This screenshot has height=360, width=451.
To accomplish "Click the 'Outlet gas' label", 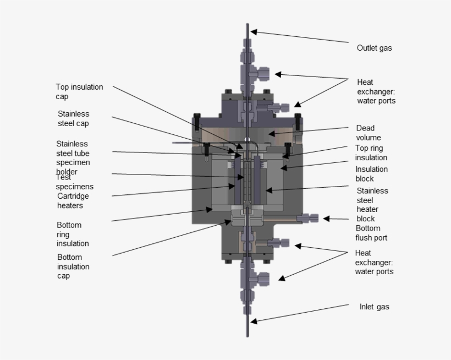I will pyautogui.click(x=374, y=48).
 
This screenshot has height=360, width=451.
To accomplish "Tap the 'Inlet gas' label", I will pyautogui.click(x=374, y=307).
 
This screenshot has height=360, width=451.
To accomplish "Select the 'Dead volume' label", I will pyautogui.click(x=369, y=133).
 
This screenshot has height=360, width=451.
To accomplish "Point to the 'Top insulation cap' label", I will pyautogui.click(x=79, y=91).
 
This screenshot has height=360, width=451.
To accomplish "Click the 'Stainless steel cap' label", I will pyautogui.click(x=74, y=118).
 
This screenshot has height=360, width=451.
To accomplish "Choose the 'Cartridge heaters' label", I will pyautogui.click(x=73, y=200).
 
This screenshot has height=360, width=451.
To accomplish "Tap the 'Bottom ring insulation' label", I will pyautogui.click(x=73, y=234).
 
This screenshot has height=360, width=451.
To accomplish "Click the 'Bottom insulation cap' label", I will pyautogui.click(x=73, y=266).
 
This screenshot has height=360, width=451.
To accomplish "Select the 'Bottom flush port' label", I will pyautogui.click(x=371, y=233).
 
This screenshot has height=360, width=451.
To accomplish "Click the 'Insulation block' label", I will pyautogui.click(x=371, y=173).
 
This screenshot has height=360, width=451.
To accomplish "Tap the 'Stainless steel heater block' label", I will pyautogui.click(x=372, y=204).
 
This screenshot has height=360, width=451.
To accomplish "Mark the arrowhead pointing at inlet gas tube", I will pyautogui.click(x=252, y=320).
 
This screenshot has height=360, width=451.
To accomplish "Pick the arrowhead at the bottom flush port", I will pyautogui.click(x=326, y=219).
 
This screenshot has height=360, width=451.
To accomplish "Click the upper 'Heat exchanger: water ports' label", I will pyautogui.click(x=376, y=91).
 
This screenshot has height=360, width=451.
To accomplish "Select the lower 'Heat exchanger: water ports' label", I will pyautogui.click(x=374, y=262).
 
